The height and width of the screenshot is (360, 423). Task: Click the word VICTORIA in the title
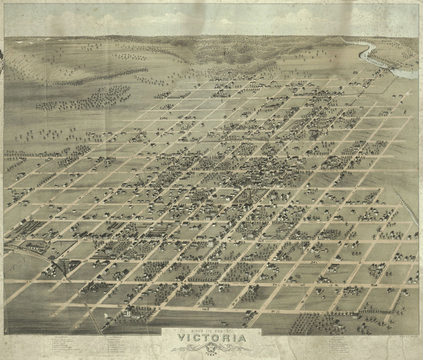(x=211, y=339)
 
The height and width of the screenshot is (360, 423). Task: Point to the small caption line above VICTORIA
(x=211, y=330)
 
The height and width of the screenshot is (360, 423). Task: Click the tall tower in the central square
(x=249, y=197)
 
